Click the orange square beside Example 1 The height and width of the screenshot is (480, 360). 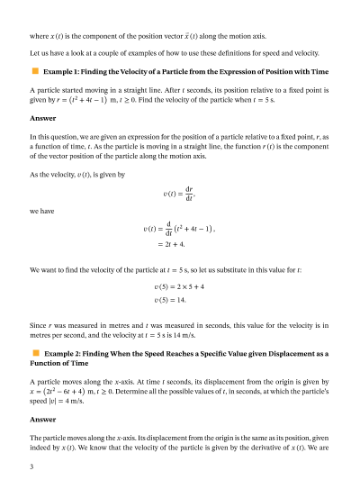pos(35,69)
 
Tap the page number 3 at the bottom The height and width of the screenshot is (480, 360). pos(31,466)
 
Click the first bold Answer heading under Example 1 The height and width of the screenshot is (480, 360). pos(42,118)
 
